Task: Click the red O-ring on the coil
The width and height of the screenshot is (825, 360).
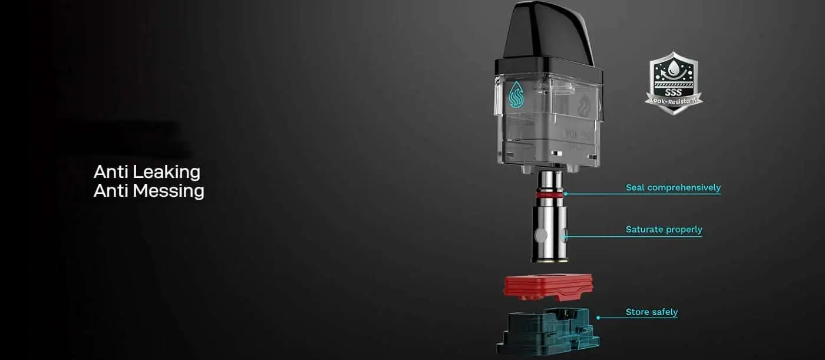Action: [550, 194]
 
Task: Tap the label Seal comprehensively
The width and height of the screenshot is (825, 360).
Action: [673, 188]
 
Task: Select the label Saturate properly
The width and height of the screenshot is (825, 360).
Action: [664, 230]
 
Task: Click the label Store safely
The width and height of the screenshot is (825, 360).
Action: [651, 312]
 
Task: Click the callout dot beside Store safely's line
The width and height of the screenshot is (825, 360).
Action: [598, 318]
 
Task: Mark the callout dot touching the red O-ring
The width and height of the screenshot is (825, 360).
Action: [565, 193]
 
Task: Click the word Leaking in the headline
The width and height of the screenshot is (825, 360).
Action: [166, 172]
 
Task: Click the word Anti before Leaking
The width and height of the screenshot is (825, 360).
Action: [111, 172]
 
